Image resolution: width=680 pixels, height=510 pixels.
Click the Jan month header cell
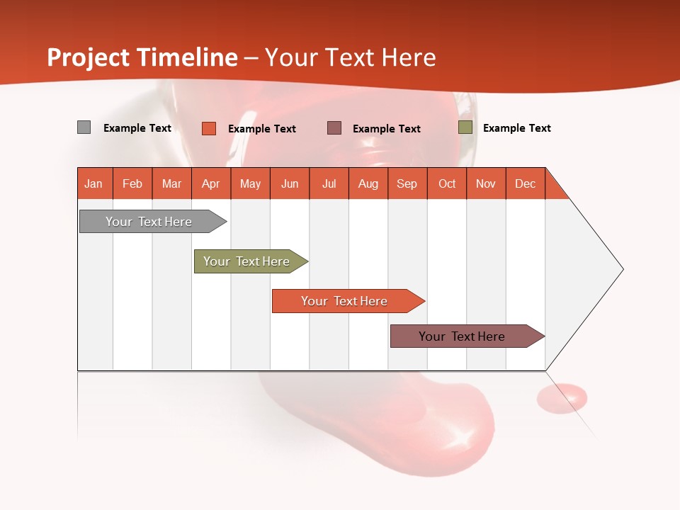tap(94, 183)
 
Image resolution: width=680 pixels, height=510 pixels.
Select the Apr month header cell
tap(211, 183)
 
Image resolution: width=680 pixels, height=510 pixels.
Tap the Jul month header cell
tap(329, 183)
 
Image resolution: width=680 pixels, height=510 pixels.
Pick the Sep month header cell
tap(407, 183)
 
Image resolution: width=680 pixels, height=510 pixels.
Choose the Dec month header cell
tap(525, 183)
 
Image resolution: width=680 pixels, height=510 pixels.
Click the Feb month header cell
tap(132, 183)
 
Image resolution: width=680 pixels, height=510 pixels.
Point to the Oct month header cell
tap(447, 183)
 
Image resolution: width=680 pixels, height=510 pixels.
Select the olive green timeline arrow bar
tap(249, 261)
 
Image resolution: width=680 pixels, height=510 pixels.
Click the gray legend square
tap(84, 127)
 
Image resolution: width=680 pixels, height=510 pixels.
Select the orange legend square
tap(209, 128)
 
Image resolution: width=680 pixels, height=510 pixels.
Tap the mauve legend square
tap(334, 127)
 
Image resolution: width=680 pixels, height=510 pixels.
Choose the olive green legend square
tap(465, 127)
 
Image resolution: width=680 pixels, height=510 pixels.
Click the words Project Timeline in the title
tap(142, 57)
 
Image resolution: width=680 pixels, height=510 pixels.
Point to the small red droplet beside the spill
tap(562, 397)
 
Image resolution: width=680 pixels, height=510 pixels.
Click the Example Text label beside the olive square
tap(516, 128)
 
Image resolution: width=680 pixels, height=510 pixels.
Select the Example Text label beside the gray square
tap(137, 128)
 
